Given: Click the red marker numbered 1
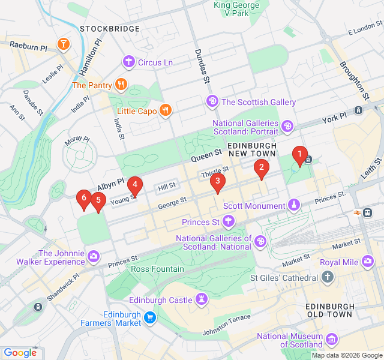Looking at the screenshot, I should coord(299,155).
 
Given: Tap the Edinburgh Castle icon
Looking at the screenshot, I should coord(202,299).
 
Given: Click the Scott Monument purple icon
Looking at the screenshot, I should coord(293,206).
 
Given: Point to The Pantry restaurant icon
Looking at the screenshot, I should coord(121,85).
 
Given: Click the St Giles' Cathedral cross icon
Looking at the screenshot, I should coord(327,277).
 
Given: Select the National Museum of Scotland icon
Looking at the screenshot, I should coord(332,341).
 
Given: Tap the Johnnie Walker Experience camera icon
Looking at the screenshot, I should coord(94,257).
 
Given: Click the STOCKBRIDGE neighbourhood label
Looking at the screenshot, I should coord(105,28).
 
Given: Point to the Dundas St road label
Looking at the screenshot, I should coord(202,66).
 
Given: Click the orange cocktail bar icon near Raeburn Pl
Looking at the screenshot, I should coord(62,43).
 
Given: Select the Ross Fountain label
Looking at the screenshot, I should coord(157,269).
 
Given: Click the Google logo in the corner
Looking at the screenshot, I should coord(20,353).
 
